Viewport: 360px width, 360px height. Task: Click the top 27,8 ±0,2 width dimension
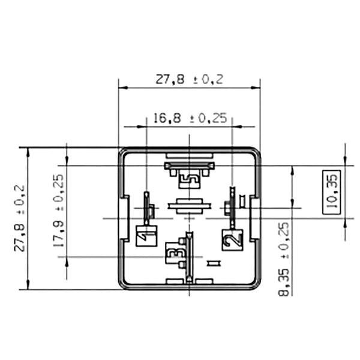pyautogui.click(x=189, y=79)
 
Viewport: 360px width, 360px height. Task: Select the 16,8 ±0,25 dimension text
pyautogui.click(x=190, y=118)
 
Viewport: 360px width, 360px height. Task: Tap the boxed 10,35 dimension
pyautogui.click(x=331, y=192)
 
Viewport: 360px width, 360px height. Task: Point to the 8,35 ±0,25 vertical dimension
pyautogui.click(x=284, y=258)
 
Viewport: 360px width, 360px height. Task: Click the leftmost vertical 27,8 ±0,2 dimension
pyautogui.click(x=19, y=219)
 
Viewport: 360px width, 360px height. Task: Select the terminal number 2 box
pyautogui.click(x=232, y=239)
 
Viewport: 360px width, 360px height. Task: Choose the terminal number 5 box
pyautogui.click(x=189, y=179)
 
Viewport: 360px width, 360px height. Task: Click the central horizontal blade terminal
pyautogui.click(x=190, y=206)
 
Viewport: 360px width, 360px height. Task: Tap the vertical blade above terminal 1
pyautogui.click(x=145, y=207)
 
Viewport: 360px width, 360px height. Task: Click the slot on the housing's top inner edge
pyautogui.click(x=189, y=155)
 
